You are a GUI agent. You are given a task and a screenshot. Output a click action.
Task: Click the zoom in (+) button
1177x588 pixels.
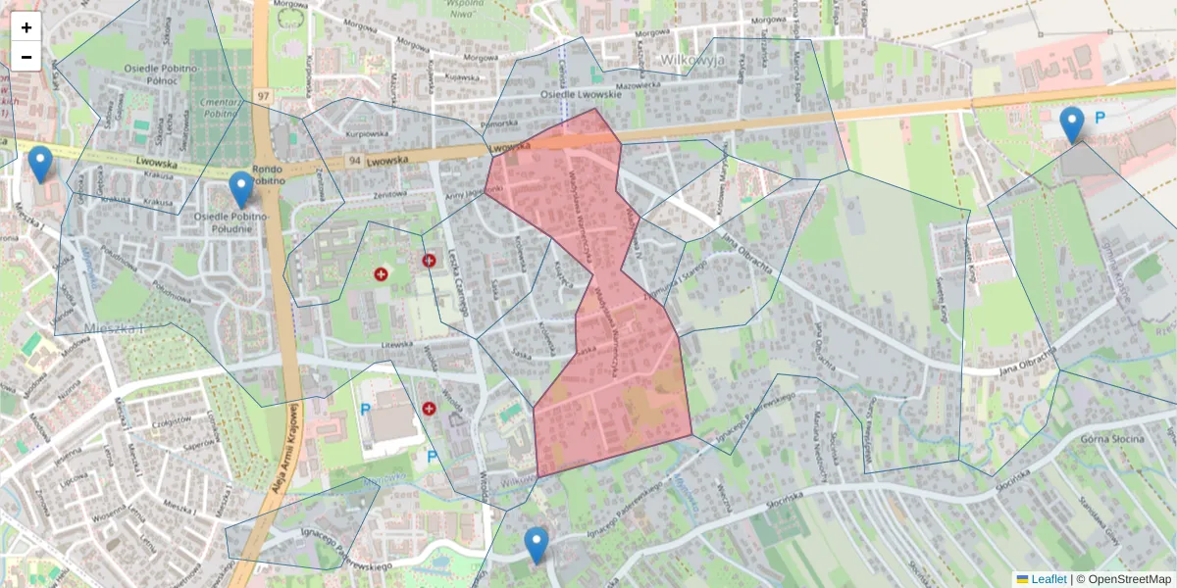[x=26, y=27]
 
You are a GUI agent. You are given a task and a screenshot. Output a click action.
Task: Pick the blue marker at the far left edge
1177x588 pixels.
[x=40, y=165]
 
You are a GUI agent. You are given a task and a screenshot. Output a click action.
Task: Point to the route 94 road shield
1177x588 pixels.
[x=353, y=160]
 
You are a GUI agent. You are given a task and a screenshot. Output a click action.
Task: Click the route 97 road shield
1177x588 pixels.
[x=263, y=95]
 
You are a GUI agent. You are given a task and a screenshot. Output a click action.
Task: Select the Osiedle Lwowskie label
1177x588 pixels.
[x=582, y=95]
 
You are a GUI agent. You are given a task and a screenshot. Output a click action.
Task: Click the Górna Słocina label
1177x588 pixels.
[x=1112, y=438]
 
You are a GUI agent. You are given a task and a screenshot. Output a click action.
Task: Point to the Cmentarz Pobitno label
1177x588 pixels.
[x=218, y=107]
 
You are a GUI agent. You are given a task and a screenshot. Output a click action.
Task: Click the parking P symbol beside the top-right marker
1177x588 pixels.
[x=1100, y=118]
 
